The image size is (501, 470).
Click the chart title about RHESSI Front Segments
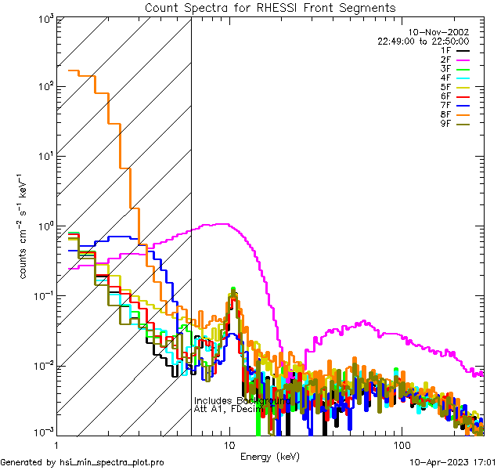pyautogui.click(x=270, y=8)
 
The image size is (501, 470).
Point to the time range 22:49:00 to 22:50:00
pyautogui.click(x=423, y=42)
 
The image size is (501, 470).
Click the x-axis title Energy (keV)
pyautogui.click(x=269, y=456)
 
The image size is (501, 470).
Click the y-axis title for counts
pyautogui.click(x=24, y=226)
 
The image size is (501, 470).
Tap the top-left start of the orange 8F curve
pyautogui.click(x=70, y=70)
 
